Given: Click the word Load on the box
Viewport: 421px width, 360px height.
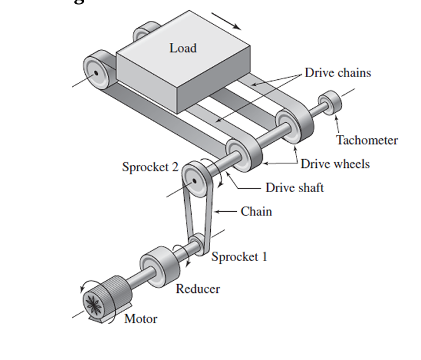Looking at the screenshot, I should coord(182,48).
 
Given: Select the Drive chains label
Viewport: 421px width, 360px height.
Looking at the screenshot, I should coord(338,73).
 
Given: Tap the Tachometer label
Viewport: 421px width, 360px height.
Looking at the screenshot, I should coord(367,140).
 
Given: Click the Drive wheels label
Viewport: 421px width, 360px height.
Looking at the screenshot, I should coord(335,164).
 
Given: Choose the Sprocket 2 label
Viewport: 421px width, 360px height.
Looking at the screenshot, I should coord(150,167).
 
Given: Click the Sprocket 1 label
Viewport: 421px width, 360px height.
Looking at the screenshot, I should coord(239,256).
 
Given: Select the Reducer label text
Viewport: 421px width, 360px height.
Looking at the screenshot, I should coord(197,289).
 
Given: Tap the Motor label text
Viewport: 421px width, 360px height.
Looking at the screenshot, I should coord(141,319).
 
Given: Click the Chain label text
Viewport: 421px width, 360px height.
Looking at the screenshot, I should coord(256,211).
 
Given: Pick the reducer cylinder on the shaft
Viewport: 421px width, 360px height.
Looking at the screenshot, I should coord(158,266).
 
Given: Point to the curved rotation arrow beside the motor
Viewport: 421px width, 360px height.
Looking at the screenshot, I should coord(85,285).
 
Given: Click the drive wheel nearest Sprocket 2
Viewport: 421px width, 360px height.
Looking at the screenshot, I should coord(243,153).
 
